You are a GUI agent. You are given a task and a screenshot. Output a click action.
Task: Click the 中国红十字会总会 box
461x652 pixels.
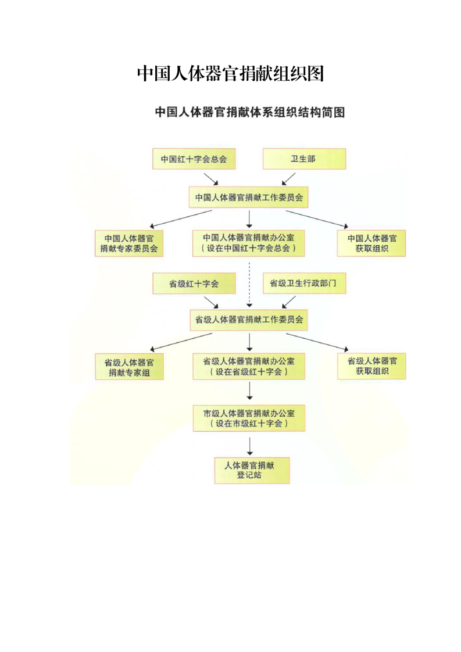point(194,159)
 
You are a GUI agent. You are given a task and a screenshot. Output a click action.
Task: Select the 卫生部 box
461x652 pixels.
point(304,159)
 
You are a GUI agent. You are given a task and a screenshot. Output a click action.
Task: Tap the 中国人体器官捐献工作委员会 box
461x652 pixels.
point(249,198)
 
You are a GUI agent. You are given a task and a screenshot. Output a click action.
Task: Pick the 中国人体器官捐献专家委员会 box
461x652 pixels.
point(129,243)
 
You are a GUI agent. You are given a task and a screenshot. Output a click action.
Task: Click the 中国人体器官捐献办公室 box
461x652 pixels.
point(249,243)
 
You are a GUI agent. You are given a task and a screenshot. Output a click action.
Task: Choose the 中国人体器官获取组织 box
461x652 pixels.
point(371,243)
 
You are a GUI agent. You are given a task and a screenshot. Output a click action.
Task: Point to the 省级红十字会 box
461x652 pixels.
point(194,284)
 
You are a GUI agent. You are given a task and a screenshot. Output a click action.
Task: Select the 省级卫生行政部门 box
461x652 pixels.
point(304,283)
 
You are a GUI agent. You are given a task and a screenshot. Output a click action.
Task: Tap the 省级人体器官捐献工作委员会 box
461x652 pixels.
point(249,320)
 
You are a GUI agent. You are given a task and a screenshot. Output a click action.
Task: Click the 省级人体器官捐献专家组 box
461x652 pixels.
point(129,367)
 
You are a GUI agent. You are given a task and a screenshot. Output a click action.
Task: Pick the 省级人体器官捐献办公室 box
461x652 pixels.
point(249,366)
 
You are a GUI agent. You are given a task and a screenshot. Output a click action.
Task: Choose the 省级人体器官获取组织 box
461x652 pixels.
point(371,366)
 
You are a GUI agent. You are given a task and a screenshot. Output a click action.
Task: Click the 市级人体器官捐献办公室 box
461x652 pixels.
point(249,418)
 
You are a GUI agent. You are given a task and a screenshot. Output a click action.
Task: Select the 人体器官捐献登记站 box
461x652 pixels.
point(252,470)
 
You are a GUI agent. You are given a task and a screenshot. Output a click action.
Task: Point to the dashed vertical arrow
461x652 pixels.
point(249,285)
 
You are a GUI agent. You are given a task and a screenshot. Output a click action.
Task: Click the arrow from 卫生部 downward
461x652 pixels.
point(289,179)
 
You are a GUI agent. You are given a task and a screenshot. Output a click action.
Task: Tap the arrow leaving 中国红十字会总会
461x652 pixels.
point(210,179)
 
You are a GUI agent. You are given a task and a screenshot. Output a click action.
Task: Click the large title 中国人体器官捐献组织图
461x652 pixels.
point(230,74)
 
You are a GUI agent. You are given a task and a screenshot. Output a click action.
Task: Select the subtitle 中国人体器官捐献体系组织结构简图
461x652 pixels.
point(249,112)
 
